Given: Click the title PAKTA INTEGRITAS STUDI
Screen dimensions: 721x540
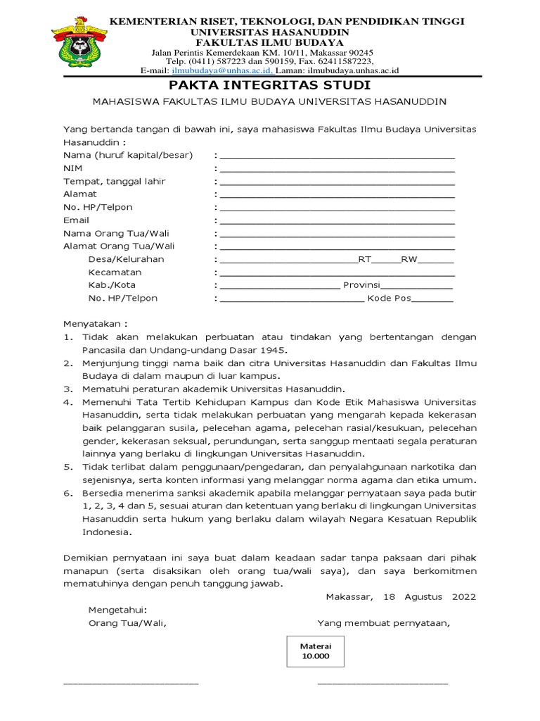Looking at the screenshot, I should pos(270,86).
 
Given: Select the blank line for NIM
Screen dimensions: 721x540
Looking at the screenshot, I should pos(337,170).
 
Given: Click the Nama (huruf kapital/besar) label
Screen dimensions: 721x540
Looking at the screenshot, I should pos(127,155).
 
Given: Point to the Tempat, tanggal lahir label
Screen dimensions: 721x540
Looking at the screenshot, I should pos(114,181).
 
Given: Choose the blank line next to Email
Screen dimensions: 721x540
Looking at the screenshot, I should pos(337,221).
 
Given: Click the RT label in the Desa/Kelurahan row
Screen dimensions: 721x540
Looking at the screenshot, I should pos(364,259).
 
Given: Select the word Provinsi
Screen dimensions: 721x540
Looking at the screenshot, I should pos(361,285).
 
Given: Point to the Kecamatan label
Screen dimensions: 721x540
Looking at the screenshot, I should pos(115,272).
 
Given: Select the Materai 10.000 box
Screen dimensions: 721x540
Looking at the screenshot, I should pos(315,651).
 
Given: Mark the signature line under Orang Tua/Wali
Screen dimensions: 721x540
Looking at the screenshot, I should pos(131,682).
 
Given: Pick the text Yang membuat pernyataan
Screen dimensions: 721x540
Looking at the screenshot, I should pos(383,622).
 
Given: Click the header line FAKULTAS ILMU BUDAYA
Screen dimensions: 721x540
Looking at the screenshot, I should pos(270,42).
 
